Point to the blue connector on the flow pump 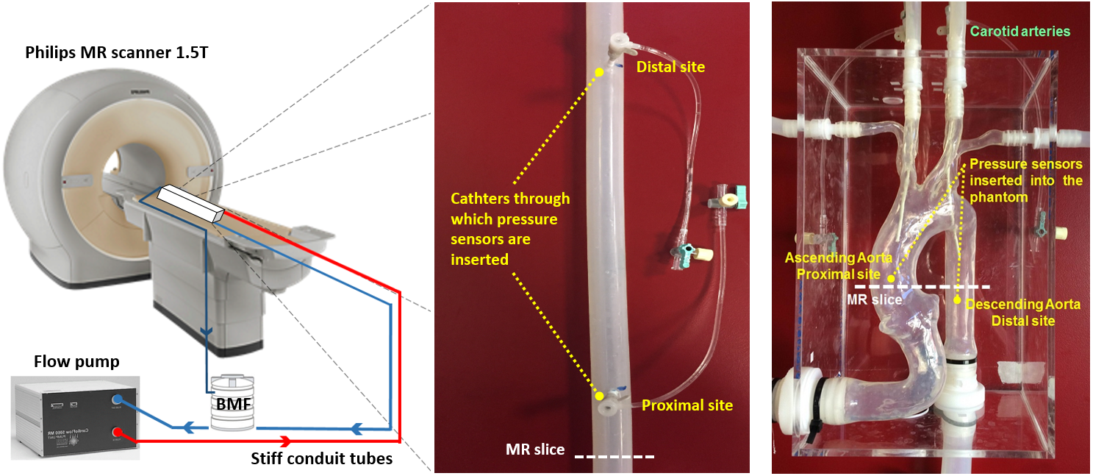[117, 399]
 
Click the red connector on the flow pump [117, 433]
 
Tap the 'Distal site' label [670, 68]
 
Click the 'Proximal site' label [687, 405]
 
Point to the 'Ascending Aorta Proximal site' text [828, 266]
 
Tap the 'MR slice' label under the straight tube [534, 449]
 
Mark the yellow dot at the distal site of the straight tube [599, 72]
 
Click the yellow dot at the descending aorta [958, 300]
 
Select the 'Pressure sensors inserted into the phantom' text [1025, 181]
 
